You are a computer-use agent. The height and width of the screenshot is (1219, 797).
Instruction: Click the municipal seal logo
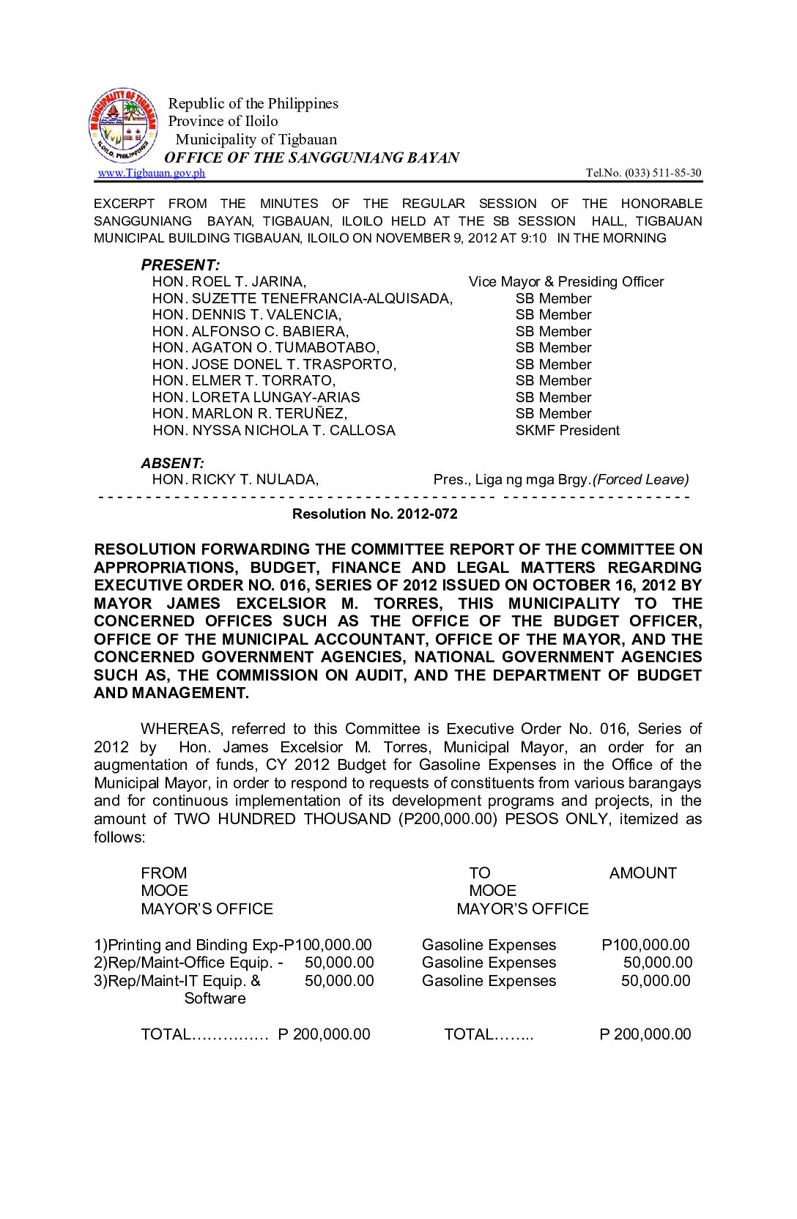coord(123,126)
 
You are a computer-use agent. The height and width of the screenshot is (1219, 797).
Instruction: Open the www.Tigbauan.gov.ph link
coord(152,173)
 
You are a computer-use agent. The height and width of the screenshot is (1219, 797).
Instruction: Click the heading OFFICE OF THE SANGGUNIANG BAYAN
coord(311,158)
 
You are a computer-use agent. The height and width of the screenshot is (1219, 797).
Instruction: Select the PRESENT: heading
coord(180,265)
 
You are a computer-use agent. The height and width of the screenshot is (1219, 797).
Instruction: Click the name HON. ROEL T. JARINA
coord(229,282)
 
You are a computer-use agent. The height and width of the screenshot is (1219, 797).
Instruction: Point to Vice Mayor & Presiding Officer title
coord(566,282)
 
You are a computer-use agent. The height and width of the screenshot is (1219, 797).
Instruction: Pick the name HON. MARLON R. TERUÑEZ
coord(249,414)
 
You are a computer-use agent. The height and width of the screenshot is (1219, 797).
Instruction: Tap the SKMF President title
coord(567,431)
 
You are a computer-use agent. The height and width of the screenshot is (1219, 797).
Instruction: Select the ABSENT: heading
coord(172,463)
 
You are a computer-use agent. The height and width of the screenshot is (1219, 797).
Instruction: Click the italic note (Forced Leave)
coord(640,480)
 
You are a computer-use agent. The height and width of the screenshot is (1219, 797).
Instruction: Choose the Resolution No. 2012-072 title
coord(374,514)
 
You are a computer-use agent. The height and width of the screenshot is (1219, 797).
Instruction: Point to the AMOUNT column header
coord(642,873)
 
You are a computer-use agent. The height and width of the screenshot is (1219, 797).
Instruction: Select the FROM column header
coord(163,873)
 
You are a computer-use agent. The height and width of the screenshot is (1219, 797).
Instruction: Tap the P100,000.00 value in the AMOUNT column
coord(645,945)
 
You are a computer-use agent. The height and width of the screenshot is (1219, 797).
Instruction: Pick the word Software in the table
coord(215,998)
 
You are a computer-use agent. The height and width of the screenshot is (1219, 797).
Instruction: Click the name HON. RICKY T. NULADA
coord(234,480)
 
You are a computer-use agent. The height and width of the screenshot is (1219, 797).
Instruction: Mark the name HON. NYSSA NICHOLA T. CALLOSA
coord(274,431)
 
